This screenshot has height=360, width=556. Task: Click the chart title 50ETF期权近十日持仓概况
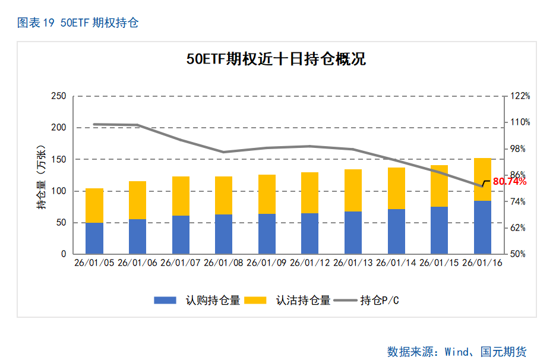tap(276, 59)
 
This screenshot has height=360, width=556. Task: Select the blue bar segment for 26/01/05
tap(94, 238)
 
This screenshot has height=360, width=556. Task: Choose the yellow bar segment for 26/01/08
tap(224, 195)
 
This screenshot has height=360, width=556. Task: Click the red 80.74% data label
tap(510, 182)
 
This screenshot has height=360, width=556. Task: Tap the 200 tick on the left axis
tap(58, 128)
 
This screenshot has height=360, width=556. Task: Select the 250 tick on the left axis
tap(58, 96)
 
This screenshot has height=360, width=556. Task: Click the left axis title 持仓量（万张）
tap(41, 176)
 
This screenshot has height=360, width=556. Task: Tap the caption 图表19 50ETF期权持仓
tap(78, 23)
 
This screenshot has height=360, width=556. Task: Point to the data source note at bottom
tap(457, 352)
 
